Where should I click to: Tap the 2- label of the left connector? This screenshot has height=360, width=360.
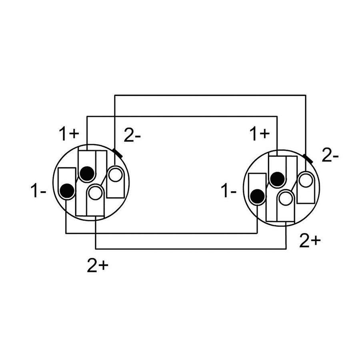[x=132, y=135]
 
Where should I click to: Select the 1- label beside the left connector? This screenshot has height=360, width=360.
[x=38, y=190]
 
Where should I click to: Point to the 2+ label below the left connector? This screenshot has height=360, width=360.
[x=98, y=266]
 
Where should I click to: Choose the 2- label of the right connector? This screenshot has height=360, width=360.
[x=330, y=156]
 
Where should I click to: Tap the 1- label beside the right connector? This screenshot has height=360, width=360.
[x=228, y=190]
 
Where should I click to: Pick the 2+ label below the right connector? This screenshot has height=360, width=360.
[x=310, y=241]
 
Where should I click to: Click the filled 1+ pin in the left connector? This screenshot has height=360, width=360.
[x=87, y=173]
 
